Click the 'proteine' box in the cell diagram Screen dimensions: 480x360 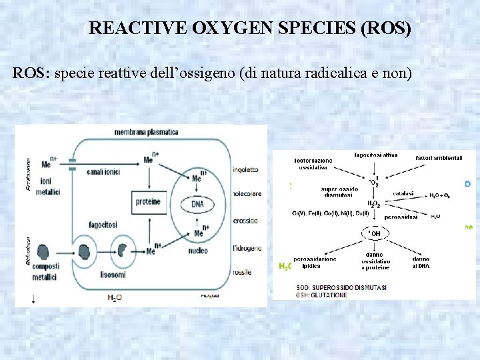point(148,201)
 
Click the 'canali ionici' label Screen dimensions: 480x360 point(103,171)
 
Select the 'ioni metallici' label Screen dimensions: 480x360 point(50,187)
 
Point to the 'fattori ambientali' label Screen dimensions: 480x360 point(439,158)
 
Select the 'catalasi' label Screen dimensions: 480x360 point(403,194)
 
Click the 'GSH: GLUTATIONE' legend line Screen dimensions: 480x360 point(323,295)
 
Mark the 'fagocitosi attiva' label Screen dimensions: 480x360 point(376,155)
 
